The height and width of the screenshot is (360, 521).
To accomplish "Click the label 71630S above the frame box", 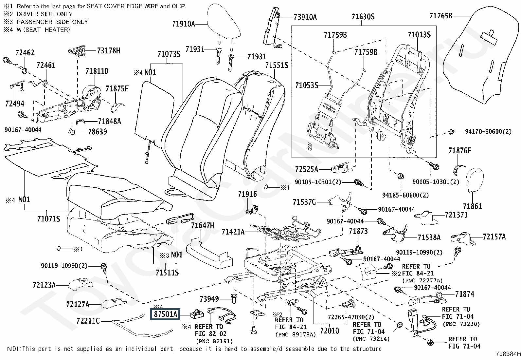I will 363,16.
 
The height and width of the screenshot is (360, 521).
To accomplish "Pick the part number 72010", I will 330,331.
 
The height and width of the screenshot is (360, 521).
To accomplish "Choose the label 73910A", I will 305,17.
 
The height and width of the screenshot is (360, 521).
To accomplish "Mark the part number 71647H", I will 202,225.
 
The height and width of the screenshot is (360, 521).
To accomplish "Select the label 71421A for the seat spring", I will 233,232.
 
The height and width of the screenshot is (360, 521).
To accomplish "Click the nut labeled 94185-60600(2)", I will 400,177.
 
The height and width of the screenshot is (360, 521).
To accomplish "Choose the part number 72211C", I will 88,321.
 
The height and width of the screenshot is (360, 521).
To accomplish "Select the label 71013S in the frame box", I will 419,35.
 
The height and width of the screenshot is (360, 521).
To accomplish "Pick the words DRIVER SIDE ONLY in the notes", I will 45,14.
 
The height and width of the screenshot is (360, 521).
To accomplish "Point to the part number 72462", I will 25,53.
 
